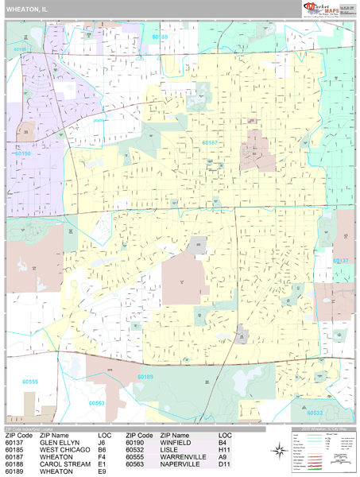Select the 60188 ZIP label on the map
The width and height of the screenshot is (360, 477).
point(161,37)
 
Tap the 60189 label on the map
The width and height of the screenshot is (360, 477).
point(145,377)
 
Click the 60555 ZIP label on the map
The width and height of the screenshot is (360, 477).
point(30,382)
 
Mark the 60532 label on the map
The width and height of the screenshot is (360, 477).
point(315,413)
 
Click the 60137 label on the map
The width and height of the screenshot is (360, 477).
point(340,260)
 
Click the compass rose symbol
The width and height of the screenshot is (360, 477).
point(280,452)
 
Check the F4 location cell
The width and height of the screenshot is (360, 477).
point(102,457)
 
